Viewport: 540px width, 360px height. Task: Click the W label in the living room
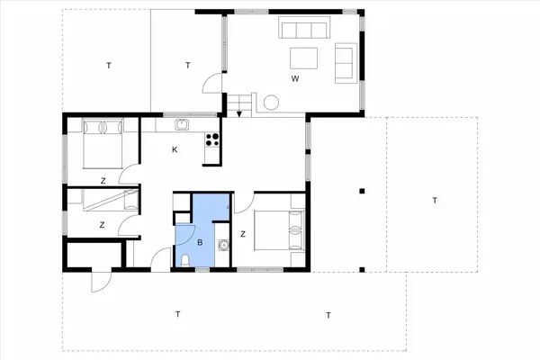(x=294, y=79)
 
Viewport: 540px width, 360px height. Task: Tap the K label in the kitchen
(x=175, y=150)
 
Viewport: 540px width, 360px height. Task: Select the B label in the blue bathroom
(x=200, y=241)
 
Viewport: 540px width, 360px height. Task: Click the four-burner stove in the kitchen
(x=213, y=139)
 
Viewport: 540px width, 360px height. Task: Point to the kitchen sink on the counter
(x=181, y=124)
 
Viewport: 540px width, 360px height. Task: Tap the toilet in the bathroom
(x=184, y=259)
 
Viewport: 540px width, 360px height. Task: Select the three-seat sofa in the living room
(x=303, y=30)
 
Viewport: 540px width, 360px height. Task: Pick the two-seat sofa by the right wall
(x=344, y=63)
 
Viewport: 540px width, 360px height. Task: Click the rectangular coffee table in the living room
(x=303, y=59)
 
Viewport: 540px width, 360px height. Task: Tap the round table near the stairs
(x=269, y=104)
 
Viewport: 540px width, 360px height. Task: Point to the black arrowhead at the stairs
(x=238, y=113)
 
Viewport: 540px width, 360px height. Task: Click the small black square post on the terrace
(x=361, y=191)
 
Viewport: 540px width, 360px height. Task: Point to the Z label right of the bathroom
(x=243, y=234)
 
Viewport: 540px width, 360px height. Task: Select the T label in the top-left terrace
(x=108, y=65)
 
